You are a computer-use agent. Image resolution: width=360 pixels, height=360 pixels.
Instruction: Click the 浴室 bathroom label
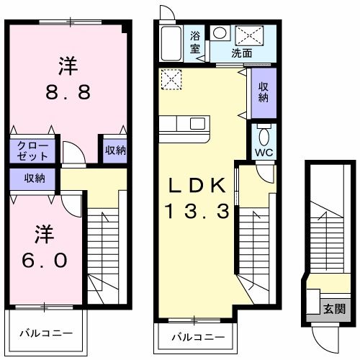coord(195,42)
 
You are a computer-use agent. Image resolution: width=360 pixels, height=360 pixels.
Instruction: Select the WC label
coord(264,153)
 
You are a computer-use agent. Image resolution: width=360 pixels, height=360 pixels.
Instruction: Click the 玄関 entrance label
coord(333,310)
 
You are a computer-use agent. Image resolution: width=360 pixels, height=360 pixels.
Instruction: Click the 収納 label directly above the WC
coord(264,91)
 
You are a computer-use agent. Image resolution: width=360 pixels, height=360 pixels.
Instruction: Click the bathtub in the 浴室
coord(172,45)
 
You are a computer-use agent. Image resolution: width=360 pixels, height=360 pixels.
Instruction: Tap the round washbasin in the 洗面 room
coord(220,32)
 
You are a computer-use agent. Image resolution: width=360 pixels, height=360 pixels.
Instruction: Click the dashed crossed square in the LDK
coord(171,79)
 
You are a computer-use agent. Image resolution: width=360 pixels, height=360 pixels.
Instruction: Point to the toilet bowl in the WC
coord(264,135)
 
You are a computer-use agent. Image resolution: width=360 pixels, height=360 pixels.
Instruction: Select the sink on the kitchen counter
coord(197,123)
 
